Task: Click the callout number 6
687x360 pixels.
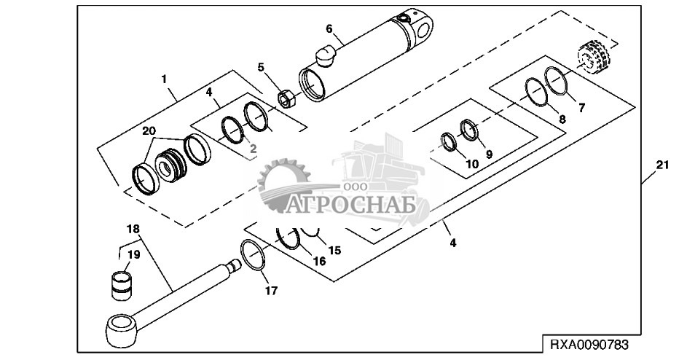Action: (329, 28)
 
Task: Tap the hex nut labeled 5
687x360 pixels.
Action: (286, 97)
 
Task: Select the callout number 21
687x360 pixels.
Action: (661, 166)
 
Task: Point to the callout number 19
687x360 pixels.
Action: (134, 254)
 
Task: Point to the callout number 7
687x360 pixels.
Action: (581, 108)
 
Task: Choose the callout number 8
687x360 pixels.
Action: (562, 119)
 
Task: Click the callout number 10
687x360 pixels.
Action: (472, 164)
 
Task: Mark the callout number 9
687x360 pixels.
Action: (489, 154)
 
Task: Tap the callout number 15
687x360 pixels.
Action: (334, 250)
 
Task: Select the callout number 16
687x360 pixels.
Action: (318, 260)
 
